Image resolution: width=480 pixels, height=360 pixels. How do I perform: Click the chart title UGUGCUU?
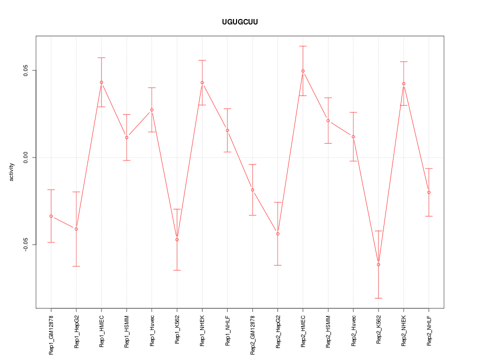pyautogui.click(x=240, y=22)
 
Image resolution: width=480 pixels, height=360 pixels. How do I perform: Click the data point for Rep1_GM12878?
pyautogui.click(x=51, y=216)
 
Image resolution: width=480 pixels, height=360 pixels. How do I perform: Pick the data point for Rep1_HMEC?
pyautogui.click(x=101, y=82)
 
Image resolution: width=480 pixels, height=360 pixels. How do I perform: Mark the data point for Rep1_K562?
pyautogui.click(x=177, y=239)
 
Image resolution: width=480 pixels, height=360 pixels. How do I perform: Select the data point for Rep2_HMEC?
pyautogui.click(x=303, y=71)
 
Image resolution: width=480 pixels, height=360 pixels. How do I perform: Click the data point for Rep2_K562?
pyautogui.click(x=378, y=264)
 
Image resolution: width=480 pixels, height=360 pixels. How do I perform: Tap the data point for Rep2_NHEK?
pyautogui.click(x=403, y=83)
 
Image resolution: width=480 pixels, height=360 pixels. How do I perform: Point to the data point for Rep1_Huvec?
pyautogui.click(x=152, y=110)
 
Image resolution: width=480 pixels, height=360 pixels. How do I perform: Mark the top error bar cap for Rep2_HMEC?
pyautogui.click(x=303, y=46)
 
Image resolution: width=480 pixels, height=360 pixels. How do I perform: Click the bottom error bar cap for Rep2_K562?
pyautogui.click(x=378, y=298)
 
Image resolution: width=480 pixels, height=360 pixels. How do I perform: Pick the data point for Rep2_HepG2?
pyautogui.click(x=277, y=234)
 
